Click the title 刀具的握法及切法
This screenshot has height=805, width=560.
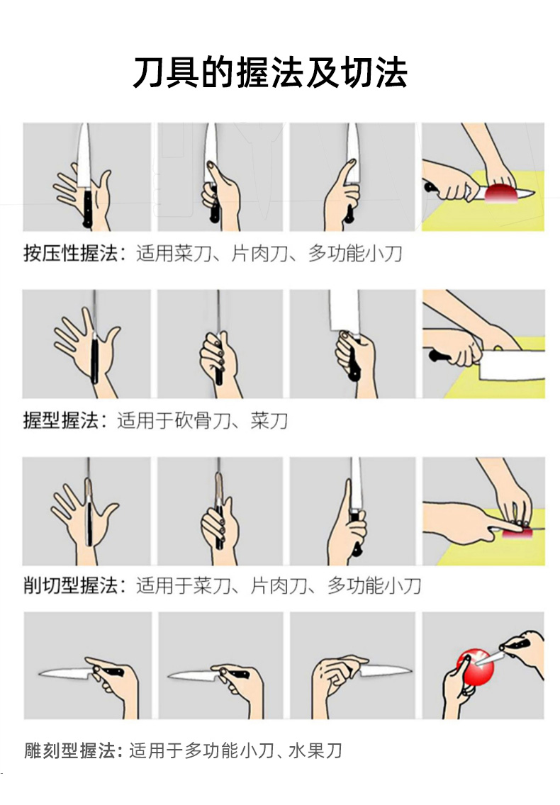click(x=270, y=73)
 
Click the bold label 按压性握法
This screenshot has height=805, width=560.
click(x=70, y=253)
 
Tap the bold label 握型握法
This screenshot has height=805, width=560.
click(x=61, y=420)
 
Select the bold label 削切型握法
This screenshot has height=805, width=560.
click(x=70, y=585)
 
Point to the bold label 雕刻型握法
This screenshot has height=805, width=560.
click(x=70, y=750)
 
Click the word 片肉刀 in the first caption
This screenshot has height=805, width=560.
click(x=259, y=253)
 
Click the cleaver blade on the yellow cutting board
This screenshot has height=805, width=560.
click(x=512, y=365)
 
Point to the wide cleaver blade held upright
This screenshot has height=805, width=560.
click(x=343, y=310)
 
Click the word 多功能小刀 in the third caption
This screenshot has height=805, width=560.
click(x=374, y=585)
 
